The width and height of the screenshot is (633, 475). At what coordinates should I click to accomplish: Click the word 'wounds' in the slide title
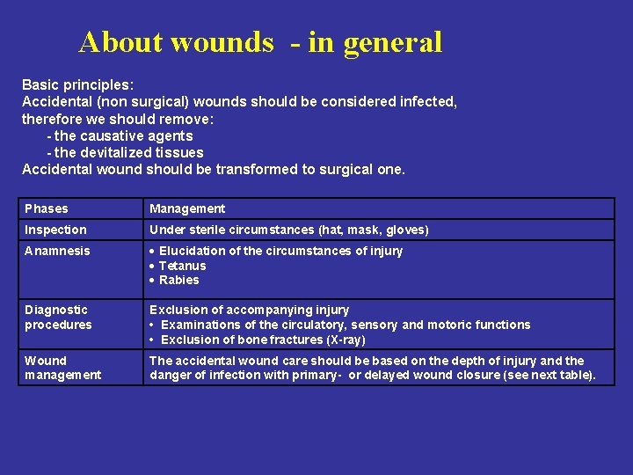(x=222, y=41)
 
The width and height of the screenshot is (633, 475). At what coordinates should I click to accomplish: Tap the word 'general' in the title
(x=393, y=43)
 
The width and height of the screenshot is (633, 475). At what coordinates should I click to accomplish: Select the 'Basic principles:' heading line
(x=77, y=85)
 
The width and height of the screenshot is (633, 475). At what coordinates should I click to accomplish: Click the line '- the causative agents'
(x=120, y=135)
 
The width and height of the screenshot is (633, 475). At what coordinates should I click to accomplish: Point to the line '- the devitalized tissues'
(x=125, y=152)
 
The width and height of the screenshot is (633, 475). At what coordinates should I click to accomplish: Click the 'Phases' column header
(x=47, y=208)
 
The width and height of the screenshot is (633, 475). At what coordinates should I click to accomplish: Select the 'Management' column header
(x=187, y=208)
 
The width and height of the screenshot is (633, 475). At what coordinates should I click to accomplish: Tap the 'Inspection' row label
(x=55, y=230)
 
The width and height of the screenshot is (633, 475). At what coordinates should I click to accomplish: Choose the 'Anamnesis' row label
(x=57, y=251)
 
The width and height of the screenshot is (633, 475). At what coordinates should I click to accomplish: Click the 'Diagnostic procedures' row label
(x=58, y=317)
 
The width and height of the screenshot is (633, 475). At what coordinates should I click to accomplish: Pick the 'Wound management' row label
(x=62, y=368)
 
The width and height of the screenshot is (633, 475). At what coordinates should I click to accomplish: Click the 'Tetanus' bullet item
(x=182, y=266)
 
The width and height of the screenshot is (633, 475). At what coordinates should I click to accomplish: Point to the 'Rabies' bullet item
(x=178, y=280)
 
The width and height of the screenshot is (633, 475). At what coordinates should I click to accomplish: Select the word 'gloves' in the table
(x=406, y=230)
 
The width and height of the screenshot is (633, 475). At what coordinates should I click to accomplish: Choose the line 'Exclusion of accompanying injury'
(x=249, y=310)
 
